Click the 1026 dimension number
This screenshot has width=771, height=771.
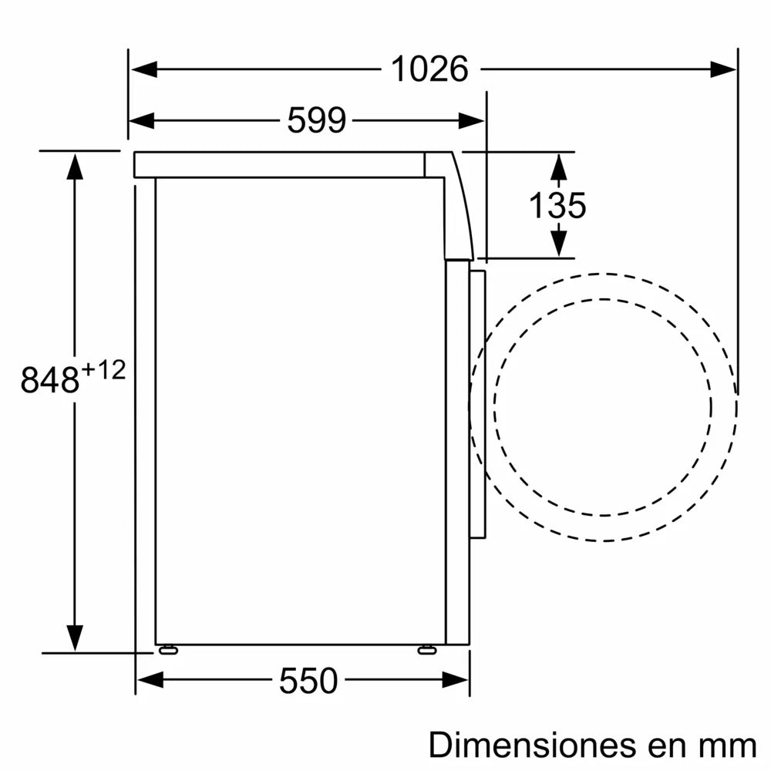[429, 69]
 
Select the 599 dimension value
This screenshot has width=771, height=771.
[316, 120]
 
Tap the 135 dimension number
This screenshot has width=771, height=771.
[557, 206]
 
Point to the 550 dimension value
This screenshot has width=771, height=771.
[308, 681]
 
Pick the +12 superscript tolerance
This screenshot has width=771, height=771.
[103, 370]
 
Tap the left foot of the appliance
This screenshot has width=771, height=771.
[167, 650]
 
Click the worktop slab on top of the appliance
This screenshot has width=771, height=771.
[278, 164]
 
